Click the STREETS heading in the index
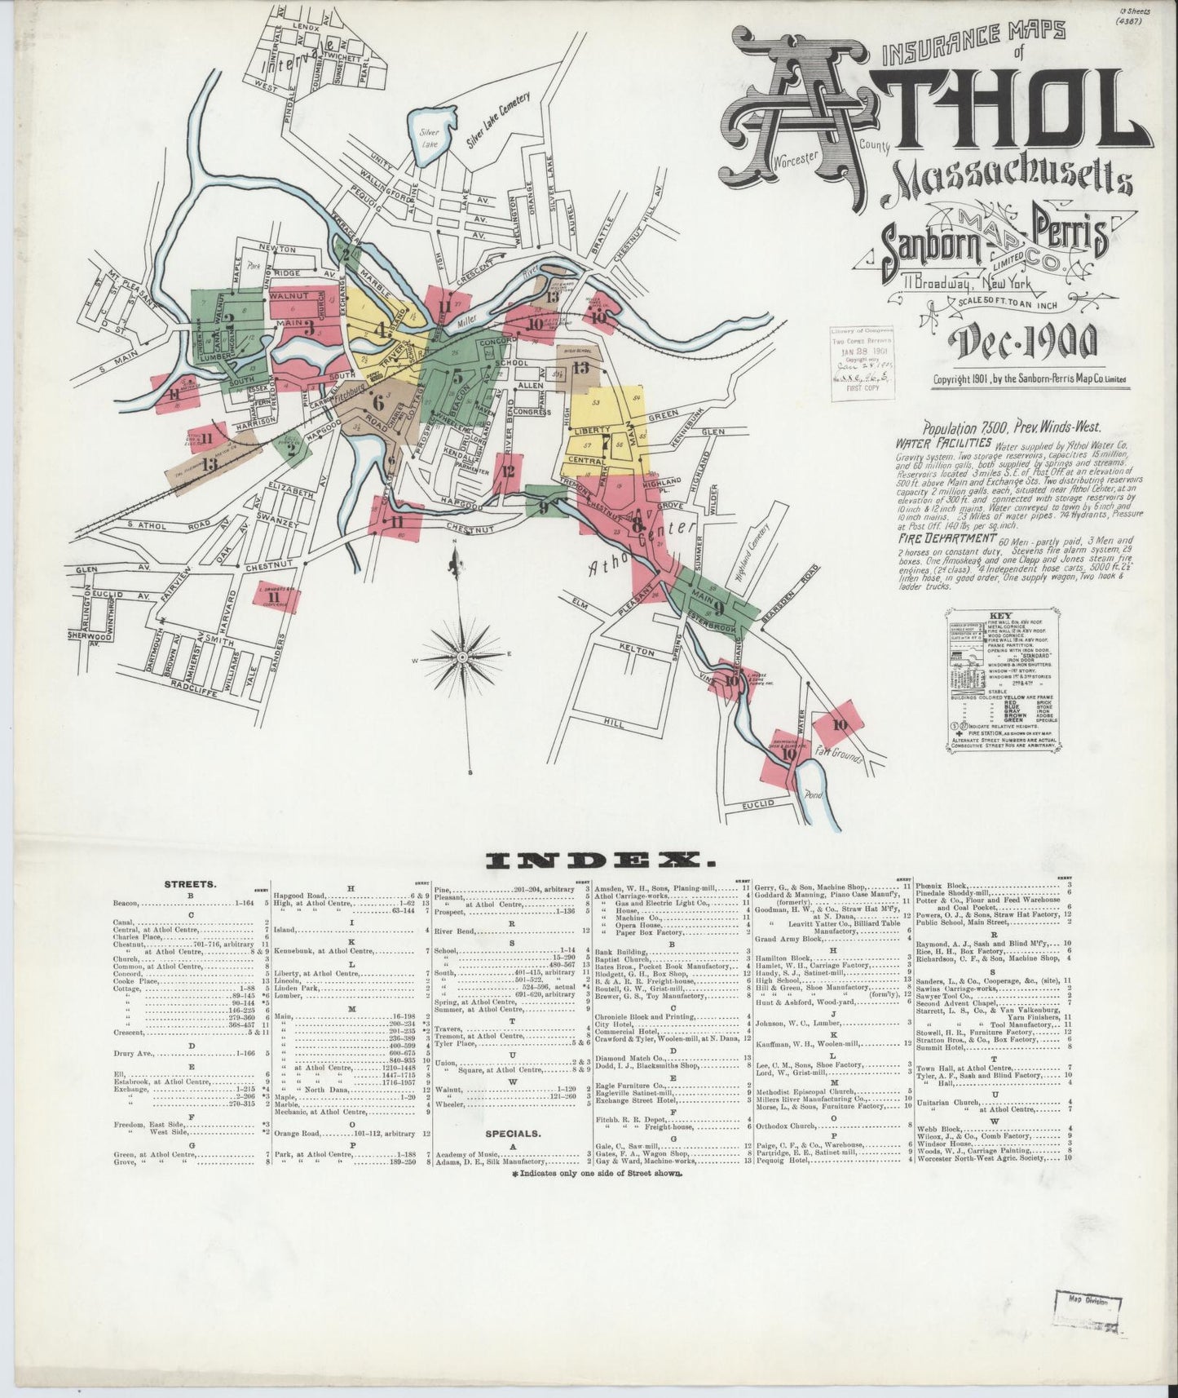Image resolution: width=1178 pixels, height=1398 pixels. coord(190,883)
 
